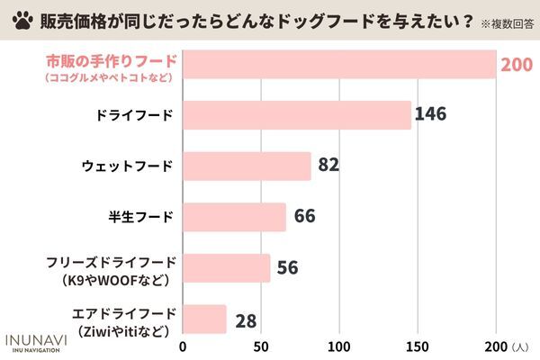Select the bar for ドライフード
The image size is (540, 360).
(297, 115)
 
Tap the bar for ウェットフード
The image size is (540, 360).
(247, 166)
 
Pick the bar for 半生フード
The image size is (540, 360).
(235, 217)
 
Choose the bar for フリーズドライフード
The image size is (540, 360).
(227, 268)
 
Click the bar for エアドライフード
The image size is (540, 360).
(205, 319)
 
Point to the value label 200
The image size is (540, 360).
(518, 65)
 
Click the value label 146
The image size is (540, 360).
(431, 115)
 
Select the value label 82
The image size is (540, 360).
(330, 166)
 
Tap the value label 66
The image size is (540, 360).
(305, 217)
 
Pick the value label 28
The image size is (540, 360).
(246, 319)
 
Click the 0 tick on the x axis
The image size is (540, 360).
(184, 346)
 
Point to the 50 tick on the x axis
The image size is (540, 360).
(262, 346)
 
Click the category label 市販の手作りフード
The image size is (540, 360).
(111, 62)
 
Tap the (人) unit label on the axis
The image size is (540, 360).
(521, 347)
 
